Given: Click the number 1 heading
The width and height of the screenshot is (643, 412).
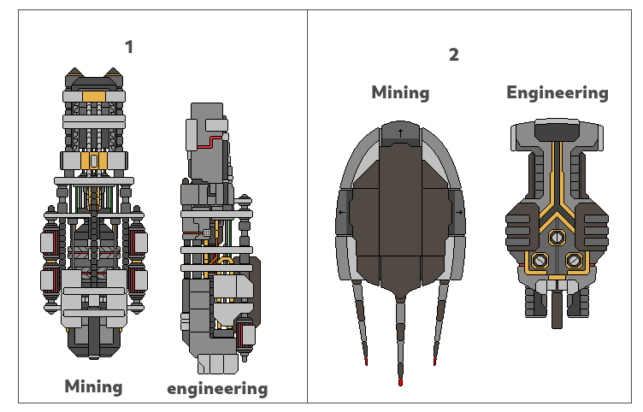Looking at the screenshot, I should pyautogui.click(x=129, y=47).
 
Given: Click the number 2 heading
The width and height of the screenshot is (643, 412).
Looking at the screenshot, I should pyautogui.click(x=453, y=56).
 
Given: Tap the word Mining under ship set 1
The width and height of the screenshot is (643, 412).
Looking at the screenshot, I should pyautogui.click(x=93, y=386).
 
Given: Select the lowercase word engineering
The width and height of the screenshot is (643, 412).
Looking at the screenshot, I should pyautogui.click(x=217, y=389).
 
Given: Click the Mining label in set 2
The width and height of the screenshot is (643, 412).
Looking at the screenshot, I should pyautogui.click(x=400, y=92).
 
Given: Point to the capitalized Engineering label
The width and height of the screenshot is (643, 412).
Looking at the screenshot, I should pyautogui.click(x=557, y=92).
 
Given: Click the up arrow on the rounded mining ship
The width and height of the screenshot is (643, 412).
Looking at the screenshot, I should pyautogui.click(x=400, y=132).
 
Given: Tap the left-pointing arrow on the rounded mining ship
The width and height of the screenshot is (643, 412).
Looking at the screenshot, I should pyautogui.click(x=343, y=213).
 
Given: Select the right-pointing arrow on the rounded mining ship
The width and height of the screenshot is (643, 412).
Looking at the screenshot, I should pyautogui.click(x=459, y=213).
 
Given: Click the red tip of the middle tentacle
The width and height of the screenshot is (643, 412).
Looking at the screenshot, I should pyautogui.click(x=400, y=381).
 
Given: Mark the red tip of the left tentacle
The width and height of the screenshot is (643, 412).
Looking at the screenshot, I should pyautogui.click(x=366, y=363).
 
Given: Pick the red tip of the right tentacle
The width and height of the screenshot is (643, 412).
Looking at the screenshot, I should pyautogui.click(x=435, y=363).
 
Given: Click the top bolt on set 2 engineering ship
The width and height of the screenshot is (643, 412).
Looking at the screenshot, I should pyautogui.click(x=557, y=237).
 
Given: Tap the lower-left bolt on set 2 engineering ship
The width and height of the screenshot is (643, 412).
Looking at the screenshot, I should pyautogui.click(x=540, y=260).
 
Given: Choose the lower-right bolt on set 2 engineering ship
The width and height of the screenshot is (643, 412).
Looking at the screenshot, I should pyautogui.click(x=575, y=260).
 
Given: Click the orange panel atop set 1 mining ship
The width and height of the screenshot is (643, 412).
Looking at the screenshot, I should pyautogui.click(x=94, y=95).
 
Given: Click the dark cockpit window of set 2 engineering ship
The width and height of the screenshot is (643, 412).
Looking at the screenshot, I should pyautogui.click(x=557, y=131).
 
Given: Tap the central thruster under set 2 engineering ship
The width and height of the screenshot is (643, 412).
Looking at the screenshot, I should pyautogui.click(x=557, y=309).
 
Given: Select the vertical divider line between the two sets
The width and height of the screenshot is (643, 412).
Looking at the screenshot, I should pyautogui.click(x=307, y=205).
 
